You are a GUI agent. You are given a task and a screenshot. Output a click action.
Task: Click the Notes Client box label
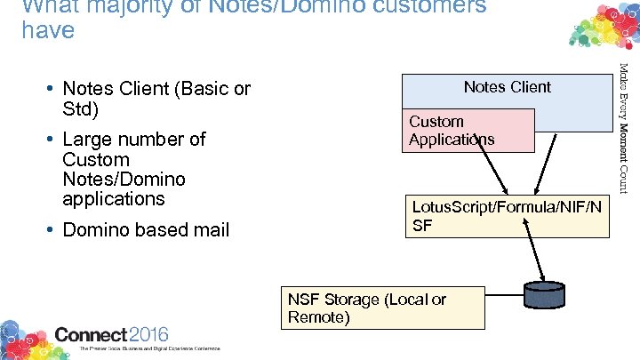click(x=507, y=87)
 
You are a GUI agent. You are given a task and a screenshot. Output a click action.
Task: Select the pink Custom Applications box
click(x=470, y=131)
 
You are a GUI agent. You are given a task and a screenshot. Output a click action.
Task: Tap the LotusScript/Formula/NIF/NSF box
click(x=507, y=217)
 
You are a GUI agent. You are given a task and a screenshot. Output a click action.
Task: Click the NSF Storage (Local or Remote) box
click(x=383, y=308)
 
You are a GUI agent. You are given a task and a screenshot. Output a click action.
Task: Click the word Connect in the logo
click(x=91, y=335)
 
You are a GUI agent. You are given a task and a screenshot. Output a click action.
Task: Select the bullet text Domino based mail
click(x=146, y=229)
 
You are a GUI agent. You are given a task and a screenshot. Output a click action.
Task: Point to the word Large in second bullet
click(x=89, y=140)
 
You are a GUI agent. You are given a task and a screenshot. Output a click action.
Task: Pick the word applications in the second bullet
click(x=113, y=198)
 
